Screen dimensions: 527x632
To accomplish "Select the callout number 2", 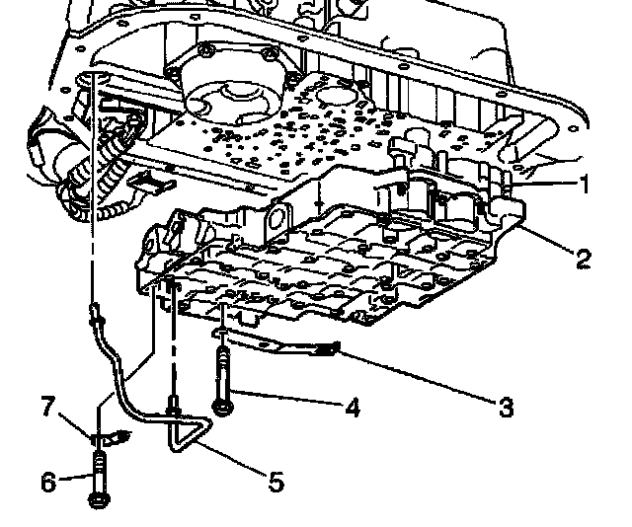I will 582,259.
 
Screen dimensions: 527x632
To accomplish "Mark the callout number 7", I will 47,405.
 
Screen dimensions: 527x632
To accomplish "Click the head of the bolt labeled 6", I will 99,500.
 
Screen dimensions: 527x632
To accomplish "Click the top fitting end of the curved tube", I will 94,315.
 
